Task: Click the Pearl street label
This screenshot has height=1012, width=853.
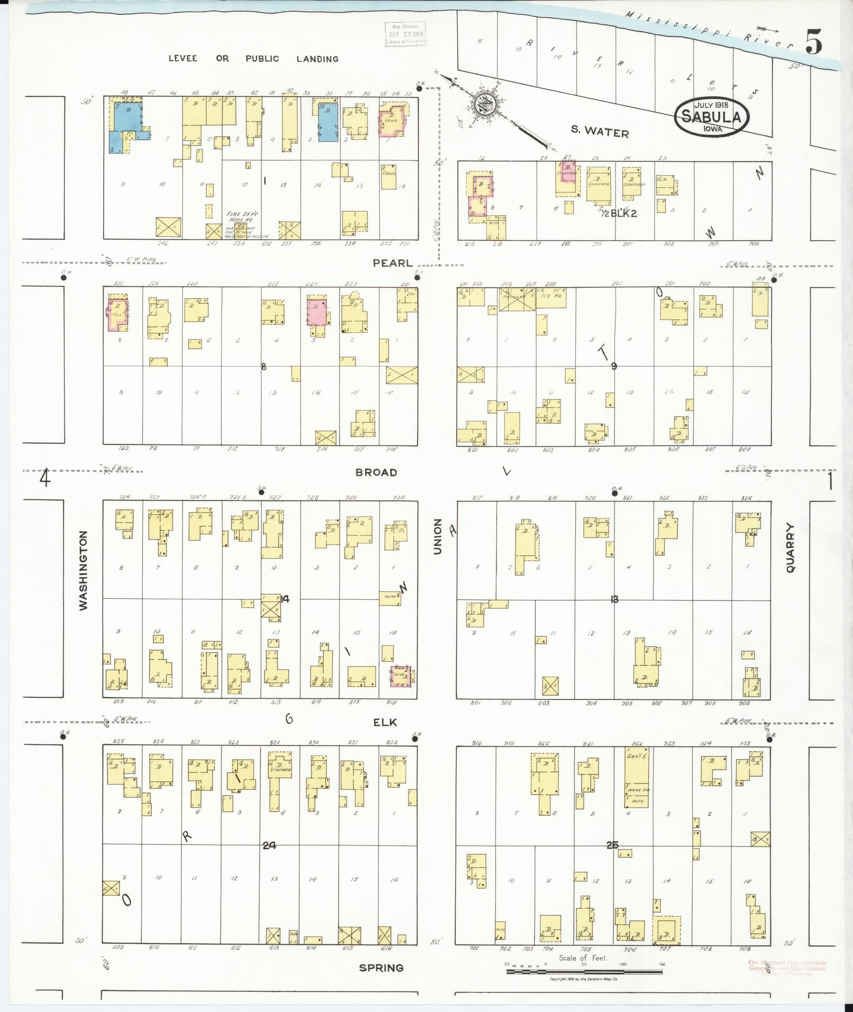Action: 392,263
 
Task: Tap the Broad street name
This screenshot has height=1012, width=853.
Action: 376,472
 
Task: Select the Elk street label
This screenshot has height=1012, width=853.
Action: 385,723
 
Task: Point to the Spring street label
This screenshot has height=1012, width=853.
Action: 381,968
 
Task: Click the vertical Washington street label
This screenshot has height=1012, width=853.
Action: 84,571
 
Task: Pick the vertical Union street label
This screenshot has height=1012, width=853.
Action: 437,536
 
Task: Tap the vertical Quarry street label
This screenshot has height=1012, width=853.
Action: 791,548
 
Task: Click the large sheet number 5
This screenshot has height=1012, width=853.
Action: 814,42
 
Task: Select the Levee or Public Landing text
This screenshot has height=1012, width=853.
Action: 253,59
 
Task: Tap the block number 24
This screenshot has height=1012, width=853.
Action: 269,845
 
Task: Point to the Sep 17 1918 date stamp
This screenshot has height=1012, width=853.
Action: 405,34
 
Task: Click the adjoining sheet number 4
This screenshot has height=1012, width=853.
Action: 45,479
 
